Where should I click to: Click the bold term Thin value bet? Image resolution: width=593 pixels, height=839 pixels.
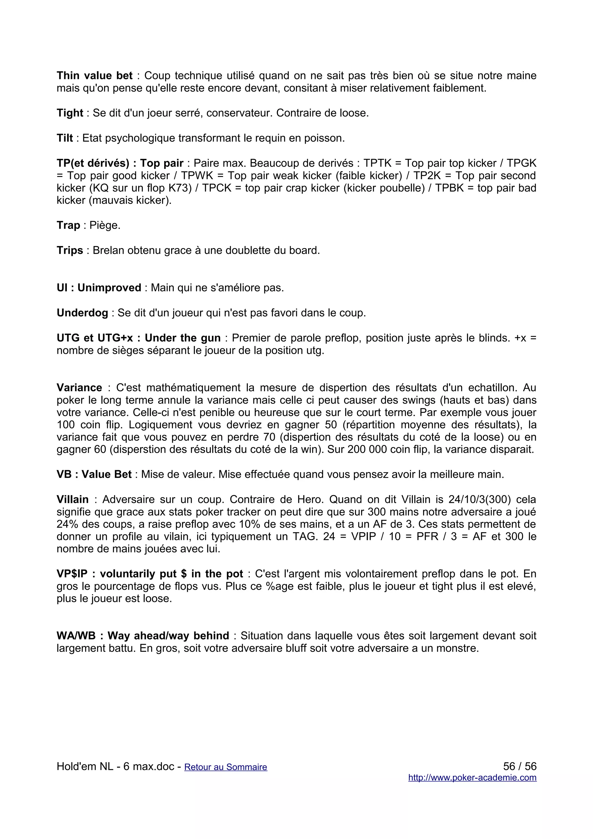(94, 76)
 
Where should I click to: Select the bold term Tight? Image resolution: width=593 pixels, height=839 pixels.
(70, 113)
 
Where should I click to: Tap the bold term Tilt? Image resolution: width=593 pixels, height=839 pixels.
(65, 138)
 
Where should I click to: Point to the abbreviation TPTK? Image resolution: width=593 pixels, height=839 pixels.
(378, 163)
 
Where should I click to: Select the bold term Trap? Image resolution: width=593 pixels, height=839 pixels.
(68, 226)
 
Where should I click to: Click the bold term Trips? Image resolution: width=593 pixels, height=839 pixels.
(70, 250)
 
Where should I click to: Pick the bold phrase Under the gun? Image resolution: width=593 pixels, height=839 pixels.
(182, 338)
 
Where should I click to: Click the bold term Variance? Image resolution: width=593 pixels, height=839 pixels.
(79, 388)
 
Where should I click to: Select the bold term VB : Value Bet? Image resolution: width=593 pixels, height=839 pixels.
(94, 474)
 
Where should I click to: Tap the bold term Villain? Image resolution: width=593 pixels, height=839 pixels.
(72, 499)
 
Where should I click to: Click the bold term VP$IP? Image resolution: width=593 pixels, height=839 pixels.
(72, 574)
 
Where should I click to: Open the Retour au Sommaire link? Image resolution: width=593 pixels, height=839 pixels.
(226, 767)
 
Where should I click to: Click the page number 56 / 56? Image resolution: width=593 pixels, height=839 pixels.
(519, 766)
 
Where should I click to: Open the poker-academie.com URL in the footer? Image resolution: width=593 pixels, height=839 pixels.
(472, 778)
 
